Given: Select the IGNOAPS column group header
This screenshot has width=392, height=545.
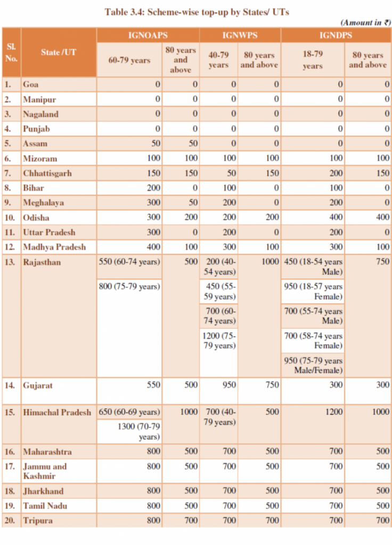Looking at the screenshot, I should (148, 35).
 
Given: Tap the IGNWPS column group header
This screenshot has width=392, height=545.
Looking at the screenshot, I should (240, 35).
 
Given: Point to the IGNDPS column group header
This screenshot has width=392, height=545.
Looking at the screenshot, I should (336, 35).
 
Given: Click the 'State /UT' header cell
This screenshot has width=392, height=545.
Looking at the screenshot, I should (59, 52).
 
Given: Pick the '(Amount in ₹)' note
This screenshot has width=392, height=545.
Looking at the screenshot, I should (365, 22).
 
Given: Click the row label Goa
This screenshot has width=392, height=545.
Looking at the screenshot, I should (30, 85).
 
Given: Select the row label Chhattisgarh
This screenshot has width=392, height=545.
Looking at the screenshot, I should (47, 174).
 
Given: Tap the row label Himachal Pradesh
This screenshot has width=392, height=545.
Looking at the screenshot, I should (57, 412).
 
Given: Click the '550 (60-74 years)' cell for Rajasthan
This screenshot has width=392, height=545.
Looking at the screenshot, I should (129, 262).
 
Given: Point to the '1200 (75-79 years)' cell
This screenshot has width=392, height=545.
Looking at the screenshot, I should (219, 341).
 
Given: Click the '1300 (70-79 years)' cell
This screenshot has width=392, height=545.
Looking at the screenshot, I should (138, 432).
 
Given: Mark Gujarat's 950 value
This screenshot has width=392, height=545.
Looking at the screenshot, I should (229, 385).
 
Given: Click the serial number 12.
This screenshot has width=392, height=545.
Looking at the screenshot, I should (10, 247).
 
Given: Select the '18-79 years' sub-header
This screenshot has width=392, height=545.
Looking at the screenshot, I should (313, 60).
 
